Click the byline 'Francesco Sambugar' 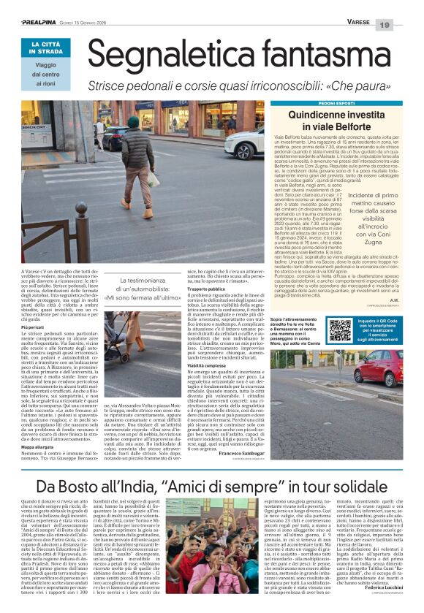click(x=223, y=454)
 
